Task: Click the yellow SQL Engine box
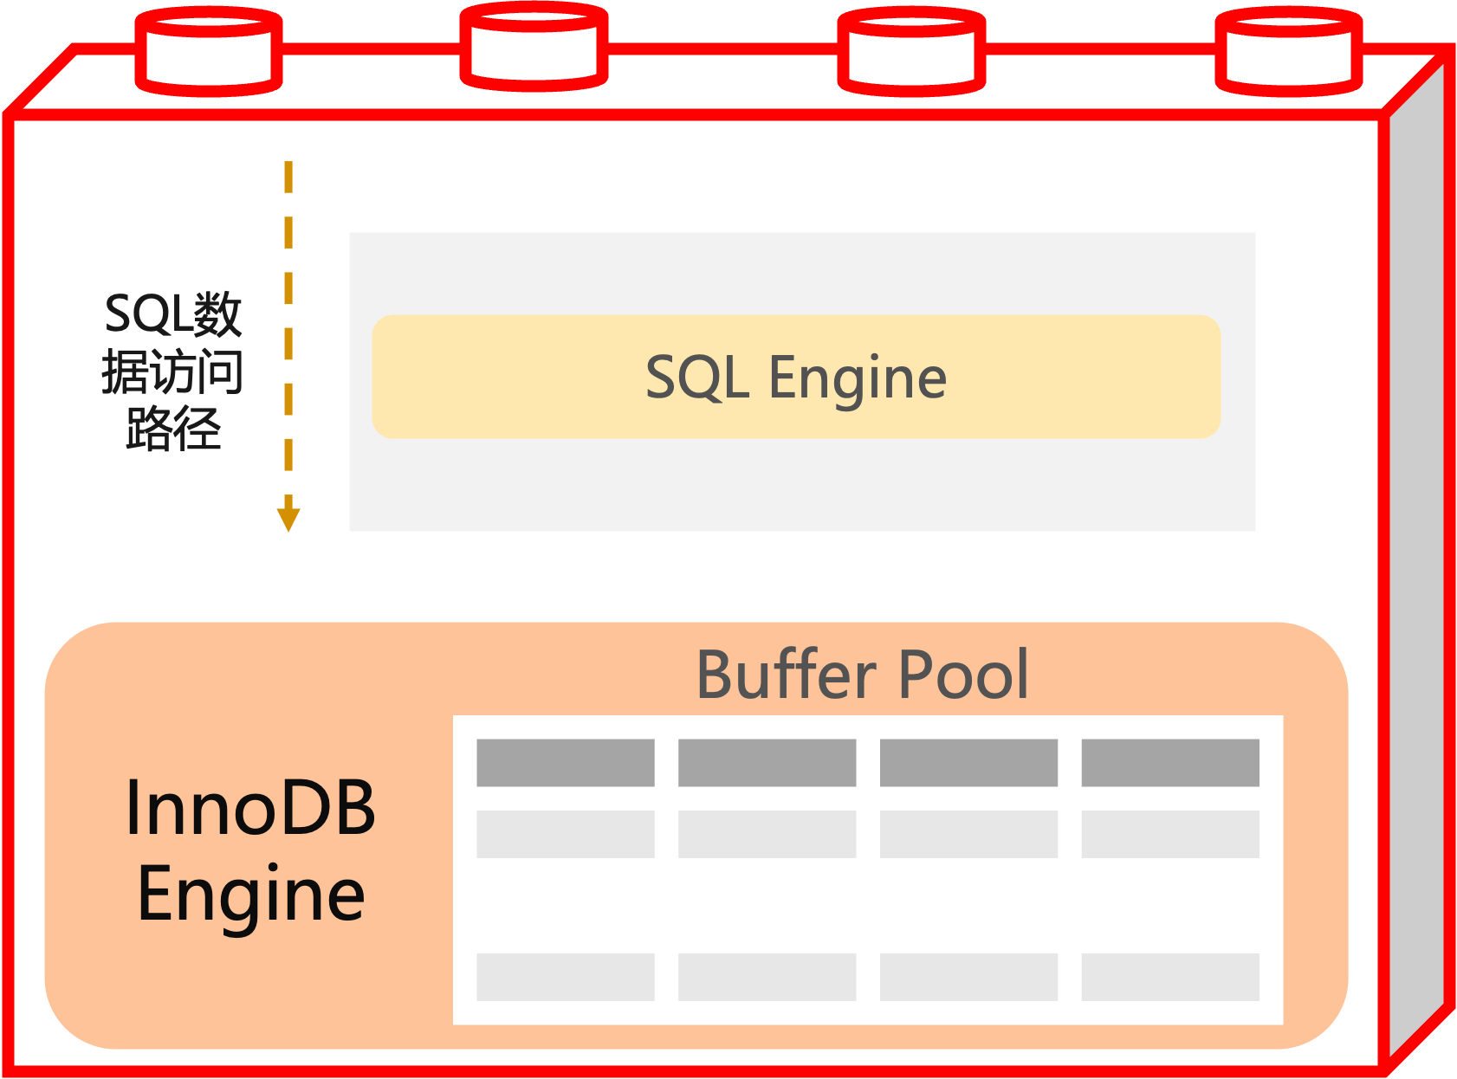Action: click(795, 378)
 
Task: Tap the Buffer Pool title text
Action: click(862, 675)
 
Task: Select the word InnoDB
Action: click(250, 808)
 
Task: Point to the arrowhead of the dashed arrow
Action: click(288, 518)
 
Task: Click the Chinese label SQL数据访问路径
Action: click(172, 372)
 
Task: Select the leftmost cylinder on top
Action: click(209, 52)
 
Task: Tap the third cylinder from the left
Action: click(911, 52)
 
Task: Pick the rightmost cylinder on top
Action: click(1289, 52)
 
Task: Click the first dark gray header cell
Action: click(565, 763)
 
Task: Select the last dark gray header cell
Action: click(1169, 763)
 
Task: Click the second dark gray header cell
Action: click(767, 763)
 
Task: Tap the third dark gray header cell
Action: click(968, 763)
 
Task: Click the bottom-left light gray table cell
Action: click(565, 977)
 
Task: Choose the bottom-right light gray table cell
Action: click(1169, 977)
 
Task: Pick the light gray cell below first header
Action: click(565, 834)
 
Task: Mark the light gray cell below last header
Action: click(1169, 834)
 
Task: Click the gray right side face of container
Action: click(1416, 563)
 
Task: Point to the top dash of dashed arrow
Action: click(288, 177)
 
